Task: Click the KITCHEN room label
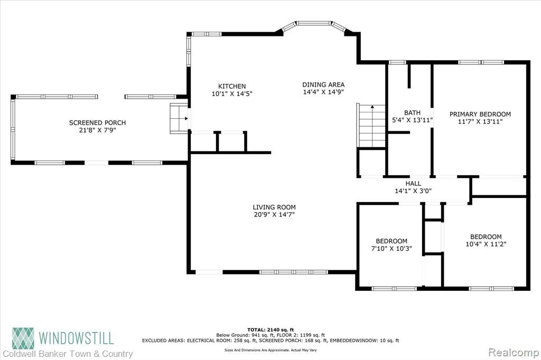(x=232, y=86)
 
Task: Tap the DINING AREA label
(x=323, y=84)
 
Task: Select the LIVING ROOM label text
(x=274, y=207)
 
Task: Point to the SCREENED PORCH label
(x=97, y=123)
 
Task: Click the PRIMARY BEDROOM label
(x=480, y=114)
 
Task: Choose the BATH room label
(x=412, y=113)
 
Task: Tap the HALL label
(x=413, y=184)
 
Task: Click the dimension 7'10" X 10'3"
(x=391, y=248)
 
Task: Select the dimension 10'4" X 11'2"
(x=486, y=244)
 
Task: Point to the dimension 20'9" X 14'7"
(x=274, y=214)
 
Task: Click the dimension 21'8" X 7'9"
(x=97, y=130)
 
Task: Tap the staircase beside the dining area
(x=371, y=126)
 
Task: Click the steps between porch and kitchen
(x=179, y=119)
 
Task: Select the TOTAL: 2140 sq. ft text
(x=270, y=330)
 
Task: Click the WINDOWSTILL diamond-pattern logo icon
(x=23, y=338)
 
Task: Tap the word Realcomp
(x=514, y=353)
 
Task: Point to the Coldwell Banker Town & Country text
(x=68, y=354)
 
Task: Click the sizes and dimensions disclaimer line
(x=270, y=350)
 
